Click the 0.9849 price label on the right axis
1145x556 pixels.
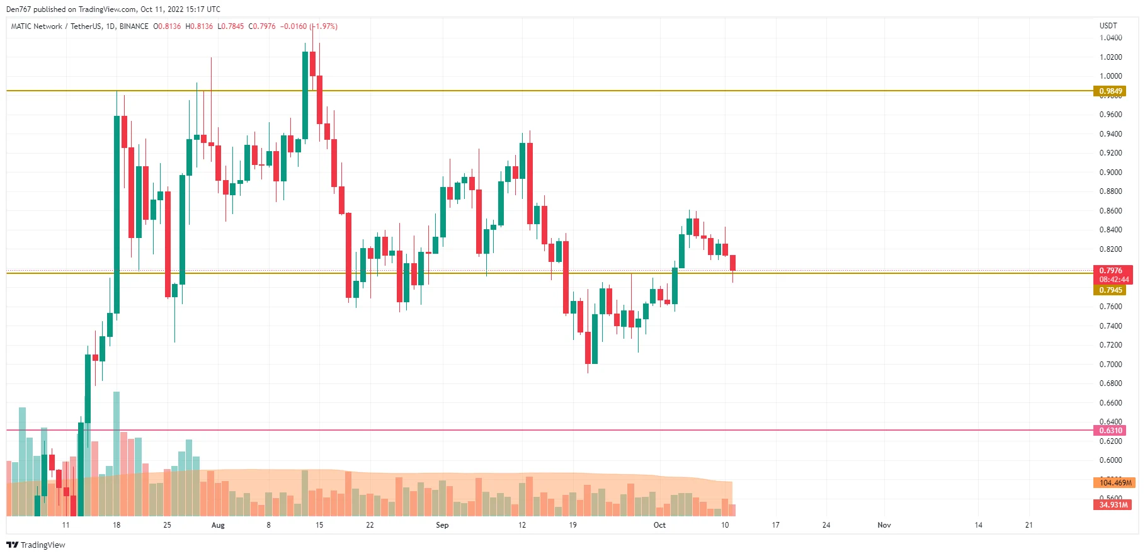point(1110,91)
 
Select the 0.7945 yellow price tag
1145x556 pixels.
point(1110,290)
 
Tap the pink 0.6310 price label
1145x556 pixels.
point(1110,431)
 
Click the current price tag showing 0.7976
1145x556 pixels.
point(1112,271)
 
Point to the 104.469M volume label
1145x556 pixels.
point(1114,483)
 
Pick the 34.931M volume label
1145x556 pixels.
point(1112,505)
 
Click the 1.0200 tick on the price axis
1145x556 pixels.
point(1110,57)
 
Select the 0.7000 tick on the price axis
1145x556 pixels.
point(1110,365)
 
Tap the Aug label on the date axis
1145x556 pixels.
point(218,525)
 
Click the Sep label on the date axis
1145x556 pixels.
point(442,525)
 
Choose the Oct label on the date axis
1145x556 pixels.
point(659,525)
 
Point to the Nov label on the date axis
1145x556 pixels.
point(884,525)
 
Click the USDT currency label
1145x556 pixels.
point(1108,26)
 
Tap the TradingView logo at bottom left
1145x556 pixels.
point(36,545)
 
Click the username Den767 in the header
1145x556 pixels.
point(18,9)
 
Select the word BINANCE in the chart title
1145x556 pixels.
point(134,26)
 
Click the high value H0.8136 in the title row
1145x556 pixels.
point(199,26)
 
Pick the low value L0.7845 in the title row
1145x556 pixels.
point(231,26)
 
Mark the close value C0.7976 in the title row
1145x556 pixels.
point(262,26)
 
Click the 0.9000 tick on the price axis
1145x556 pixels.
point(1110,173)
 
